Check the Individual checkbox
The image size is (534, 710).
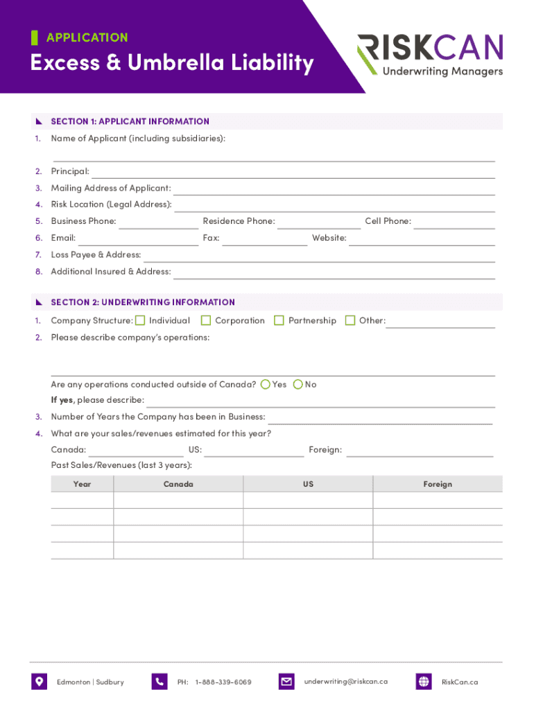point(140,320)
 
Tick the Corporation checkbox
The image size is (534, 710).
point(206,320)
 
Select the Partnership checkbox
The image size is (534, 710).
point(279,320)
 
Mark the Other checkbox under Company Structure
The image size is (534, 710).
point(350,320)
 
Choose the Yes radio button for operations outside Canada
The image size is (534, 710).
point(266,384)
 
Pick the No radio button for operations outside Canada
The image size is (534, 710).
point(298,384)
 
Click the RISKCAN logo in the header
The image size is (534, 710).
point(430,55)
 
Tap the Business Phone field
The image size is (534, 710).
point(159,223)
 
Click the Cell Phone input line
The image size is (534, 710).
point(454,223)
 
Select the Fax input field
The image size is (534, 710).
point(264,239)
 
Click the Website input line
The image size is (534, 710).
point(422,239)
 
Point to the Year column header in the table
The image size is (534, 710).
point(82,484)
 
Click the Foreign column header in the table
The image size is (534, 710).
point(438,484)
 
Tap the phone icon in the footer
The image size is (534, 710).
point(160,682)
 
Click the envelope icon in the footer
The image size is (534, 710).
point(286,682)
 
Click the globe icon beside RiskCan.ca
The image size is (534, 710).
point(424,682)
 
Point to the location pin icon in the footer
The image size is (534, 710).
point(39,682)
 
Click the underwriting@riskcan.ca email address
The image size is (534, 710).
point(346,682)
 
